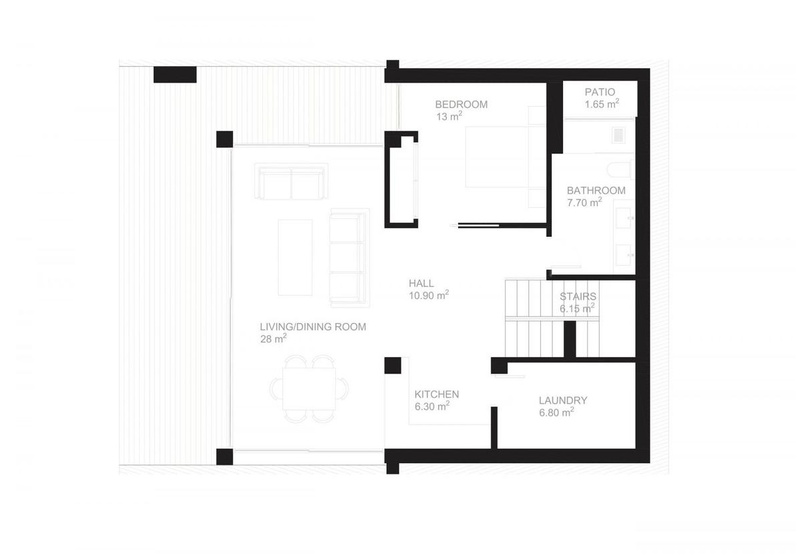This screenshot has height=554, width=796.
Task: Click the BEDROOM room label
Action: (x=461, y=105)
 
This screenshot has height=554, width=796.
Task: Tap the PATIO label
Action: (x=600, y=92)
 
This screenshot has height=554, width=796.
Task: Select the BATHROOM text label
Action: (x=596, y=191)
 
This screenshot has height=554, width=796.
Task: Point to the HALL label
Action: (x=421, y=284)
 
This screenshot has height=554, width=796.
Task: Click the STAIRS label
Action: (x=578, y=297)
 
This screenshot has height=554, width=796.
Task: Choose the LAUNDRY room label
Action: (x=563, y=400)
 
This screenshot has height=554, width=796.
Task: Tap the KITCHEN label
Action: (x=437, y=394)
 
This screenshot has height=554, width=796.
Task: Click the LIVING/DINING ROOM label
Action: (x=313, y=327)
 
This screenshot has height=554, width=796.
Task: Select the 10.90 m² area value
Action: (x=429, y=295)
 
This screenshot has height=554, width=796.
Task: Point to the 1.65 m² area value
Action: (x=602, y=104)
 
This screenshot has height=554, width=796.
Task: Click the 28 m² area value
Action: (x=274, y=339)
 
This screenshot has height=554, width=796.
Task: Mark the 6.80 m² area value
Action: (x=556, y=412)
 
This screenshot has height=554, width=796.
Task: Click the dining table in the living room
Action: (x=309, y=388)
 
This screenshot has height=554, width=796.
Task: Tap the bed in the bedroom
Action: (x=497, y=157)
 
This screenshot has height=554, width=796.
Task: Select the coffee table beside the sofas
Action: (x=295, y=257)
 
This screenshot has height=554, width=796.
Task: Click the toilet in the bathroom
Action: (x=622, y=170)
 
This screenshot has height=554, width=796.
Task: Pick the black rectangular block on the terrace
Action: (x=175, y=75)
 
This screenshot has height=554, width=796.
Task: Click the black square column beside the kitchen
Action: (x=393, y=365)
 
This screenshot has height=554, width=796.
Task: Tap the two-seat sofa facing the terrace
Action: (x=291, y=181)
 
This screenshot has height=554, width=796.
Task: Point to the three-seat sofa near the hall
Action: (x=349, y=258)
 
